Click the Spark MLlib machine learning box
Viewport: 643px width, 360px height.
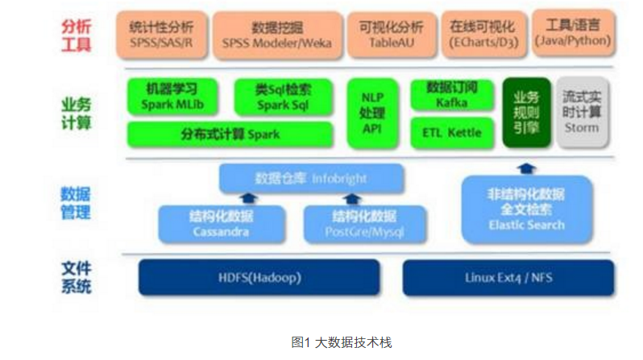tap(172, 97)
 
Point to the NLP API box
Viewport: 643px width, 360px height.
tap(372, 113)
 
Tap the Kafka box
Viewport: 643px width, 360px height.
tap(451, 95)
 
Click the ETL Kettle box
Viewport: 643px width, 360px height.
tap(451, 132)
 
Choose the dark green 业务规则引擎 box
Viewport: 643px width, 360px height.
tap(526, 113)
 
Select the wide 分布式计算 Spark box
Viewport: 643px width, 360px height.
tap(230, 134)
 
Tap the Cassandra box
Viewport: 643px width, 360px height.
tap(222, 224)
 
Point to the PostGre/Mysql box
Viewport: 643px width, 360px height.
tap(365, 224)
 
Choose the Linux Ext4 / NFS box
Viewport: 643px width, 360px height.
tap(507, 277)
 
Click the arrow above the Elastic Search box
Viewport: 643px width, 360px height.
tap(526, 168)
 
